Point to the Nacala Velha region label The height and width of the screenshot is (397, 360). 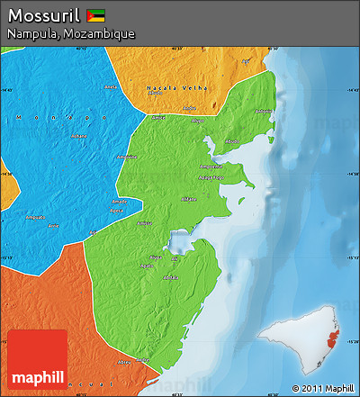185,88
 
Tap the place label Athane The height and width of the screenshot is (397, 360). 189,198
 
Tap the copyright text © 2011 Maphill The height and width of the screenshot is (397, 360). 323,388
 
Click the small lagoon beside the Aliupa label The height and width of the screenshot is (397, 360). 177,243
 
